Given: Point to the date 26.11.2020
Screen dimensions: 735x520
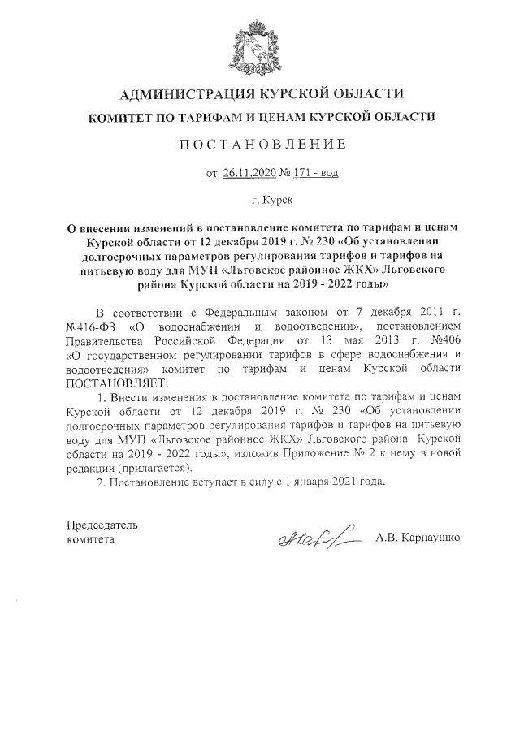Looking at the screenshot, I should [249, 172].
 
